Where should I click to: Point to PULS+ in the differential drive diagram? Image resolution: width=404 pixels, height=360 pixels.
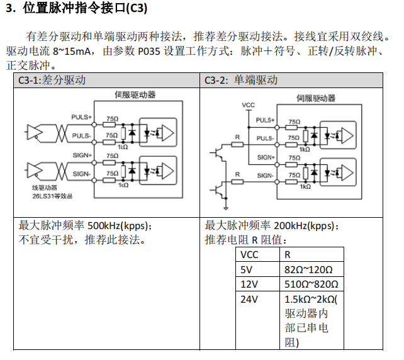82,117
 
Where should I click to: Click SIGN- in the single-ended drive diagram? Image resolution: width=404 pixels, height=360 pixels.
265,176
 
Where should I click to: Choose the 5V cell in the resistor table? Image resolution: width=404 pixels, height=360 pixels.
247,270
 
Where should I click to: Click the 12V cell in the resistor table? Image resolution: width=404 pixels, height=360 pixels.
249,284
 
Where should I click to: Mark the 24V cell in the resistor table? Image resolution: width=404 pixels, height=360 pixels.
249,300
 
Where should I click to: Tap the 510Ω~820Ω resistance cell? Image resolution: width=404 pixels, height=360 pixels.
312,284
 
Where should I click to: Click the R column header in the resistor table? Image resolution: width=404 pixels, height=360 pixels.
288,255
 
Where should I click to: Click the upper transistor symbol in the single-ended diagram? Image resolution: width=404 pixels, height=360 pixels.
217,151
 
